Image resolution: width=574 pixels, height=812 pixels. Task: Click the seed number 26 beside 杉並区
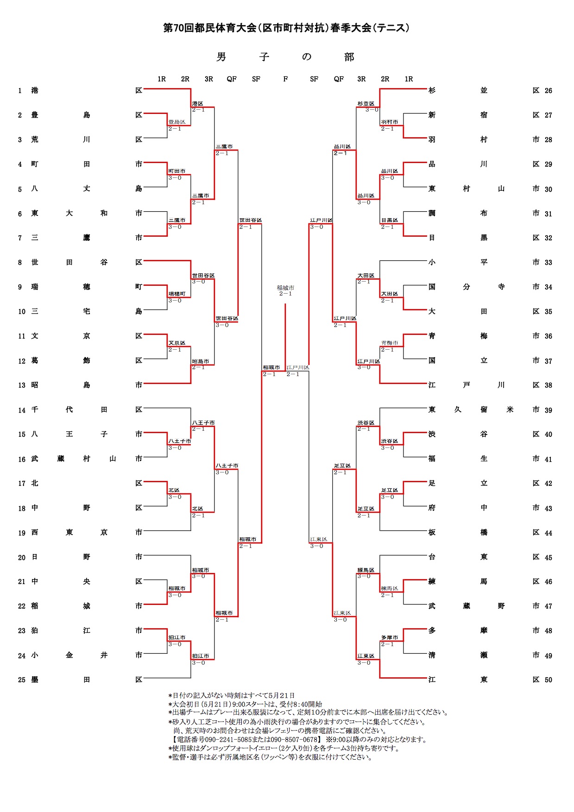pyautogui.click(x=549, y=91)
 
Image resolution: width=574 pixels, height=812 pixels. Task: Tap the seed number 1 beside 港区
pyautogui.click(x=20, y=91)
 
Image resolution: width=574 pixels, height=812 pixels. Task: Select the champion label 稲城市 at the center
pyautogui.click(x=285, y=288)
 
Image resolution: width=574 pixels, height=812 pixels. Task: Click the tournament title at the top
pyautogui.click(x=286, y=28)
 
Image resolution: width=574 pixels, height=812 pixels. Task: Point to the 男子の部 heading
pyautogui.click(x=285, y=57)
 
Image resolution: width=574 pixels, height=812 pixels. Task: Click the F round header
pyautogui.click(x=285, y=79)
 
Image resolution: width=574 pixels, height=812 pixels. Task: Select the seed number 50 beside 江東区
pyautogui.click(x=549, y=680)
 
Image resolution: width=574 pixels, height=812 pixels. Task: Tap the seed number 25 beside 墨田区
pyautogui.click(x=22, y=680)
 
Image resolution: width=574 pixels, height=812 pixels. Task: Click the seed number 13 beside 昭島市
pyautogui.click(x=22, y=385)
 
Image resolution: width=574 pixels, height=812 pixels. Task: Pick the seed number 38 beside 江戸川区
pyautogui.click(x=549, y=385)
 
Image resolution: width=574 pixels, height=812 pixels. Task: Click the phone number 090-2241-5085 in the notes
pyautogui.click(x=222, y=740)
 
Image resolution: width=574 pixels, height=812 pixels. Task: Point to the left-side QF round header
pyautogui.click(x=232, y=79)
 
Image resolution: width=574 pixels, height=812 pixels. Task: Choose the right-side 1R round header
pyautogui.click(x=409, y=79)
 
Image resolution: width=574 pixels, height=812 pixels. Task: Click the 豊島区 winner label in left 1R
pyautogui.click(x=177, y=122)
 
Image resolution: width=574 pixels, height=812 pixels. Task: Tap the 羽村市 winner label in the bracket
pyautogui.click(x=389, y=122)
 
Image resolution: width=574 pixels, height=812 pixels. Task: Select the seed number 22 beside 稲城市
pyautogui.click(x=22, y=606)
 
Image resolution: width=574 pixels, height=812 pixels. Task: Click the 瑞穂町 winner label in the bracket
pyautogui.click(x=177, y=294)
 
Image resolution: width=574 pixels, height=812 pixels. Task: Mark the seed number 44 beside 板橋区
pyautogui.click(x=549, y=533)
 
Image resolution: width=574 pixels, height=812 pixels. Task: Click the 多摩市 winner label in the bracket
pyautogui.click(x=389, y=638)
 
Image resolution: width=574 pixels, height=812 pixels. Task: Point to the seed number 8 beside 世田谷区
pyautogui.click(x=20, y=263)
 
